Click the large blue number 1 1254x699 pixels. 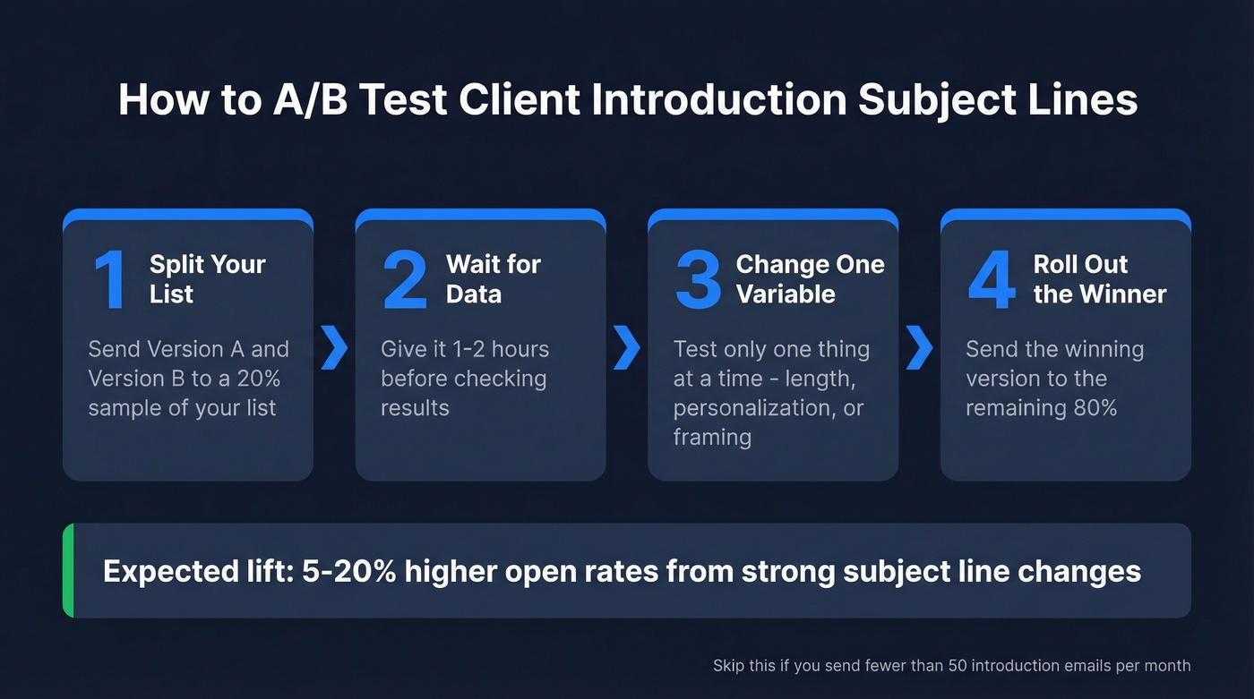tap(111, 280)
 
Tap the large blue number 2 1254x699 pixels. tap(405, 280)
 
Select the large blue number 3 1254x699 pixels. tap(699, 280)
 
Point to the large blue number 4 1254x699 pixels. tap(992, 280)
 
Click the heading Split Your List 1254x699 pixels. tap(207, 279)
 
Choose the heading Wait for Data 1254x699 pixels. tap(493, 279)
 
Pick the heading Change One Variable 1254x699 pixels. tap(810, 279)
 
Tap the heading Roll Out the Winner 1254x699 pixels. tap(1099, 279)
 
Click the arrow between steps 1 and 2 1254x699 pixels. tap(334, 348)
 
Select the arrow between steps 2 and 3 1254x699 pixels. tap(627, 348)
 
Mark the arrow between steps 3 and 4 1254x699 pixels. tap(919, 348)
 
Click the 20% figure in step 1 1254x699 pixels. tap(259, 379)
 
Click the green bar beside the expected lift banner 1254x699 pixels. tap(68, 571)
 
